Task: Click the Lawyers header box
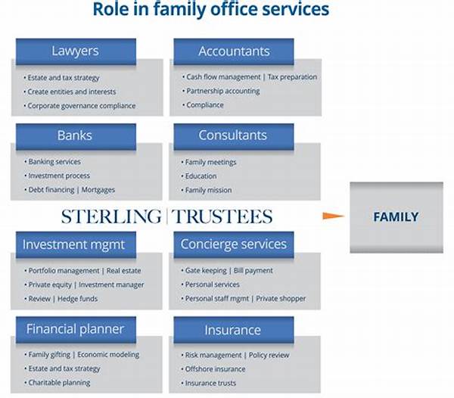pyautogui.click(x=76, y=51)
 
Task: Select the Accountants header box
pyautogui.click(x=233, y=51)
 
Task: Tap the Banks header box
pyautogui.click(x=76, y=135)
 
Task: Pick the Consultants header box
pyautogui.click(x=233, y=135)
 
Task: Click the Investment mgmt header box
pyautogui.click(x=73, y=244)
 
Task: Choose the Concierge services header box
pyautogui.click(x=234, y=244)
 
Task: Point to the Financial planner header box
pyautogui.click(x=76, y=329)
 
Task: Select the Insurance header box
pyautogui.click(x=233, y=330)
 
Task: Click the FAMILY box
pyautogui.click(x=396, y=217)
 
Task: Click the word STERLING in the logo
pyautogui.click(x=110, y=217)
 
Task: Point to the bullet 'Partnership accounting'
pyautogui.click(x=222, y=92)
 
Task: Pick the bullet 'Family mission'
pyautogui.click(x=208, y=190)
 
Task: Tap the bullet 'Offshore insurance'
pyautogui.click(x=215, y=369)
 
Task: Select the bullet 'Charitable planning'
pyautogui.click(x=61, y=383)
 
